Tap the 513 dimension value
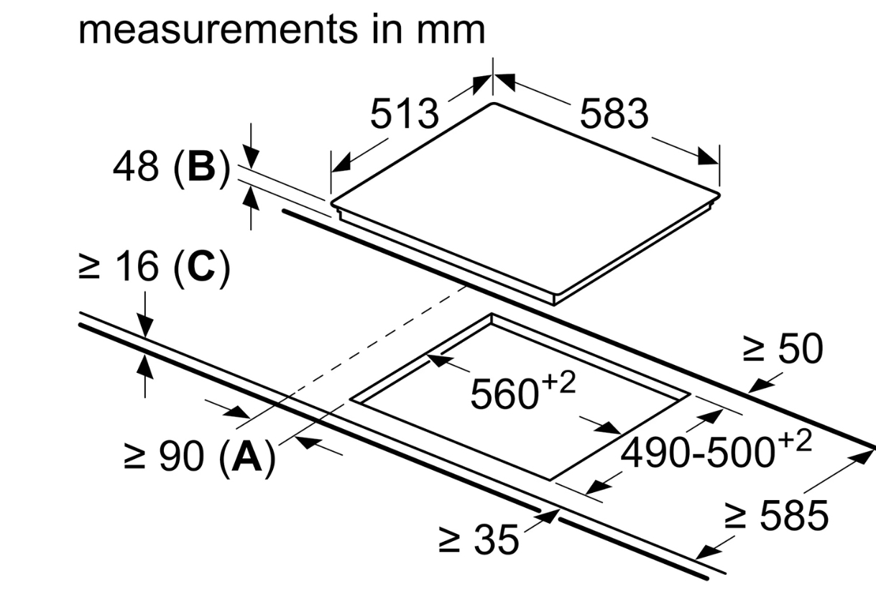(404, 114)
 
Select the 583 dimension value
(614, 114)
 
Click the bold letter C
(200, 267)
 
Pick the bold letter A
(246, 458)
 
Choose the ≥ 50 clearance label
(782, 349)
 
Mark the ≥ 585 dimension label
(776, 515)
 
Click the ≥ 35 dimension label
(478, 539)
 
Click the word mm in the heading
(453, 30)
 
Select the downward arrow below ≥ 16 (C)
(145, 323)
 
